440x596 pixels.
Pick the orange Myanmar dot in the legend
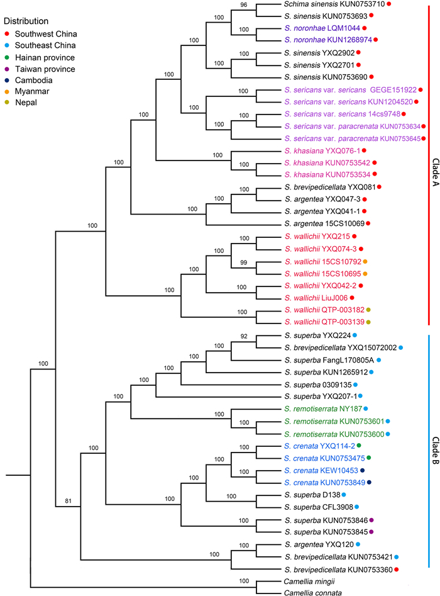coord(7,92)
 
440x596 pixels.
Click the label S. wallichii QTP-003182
coord(323,310)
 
